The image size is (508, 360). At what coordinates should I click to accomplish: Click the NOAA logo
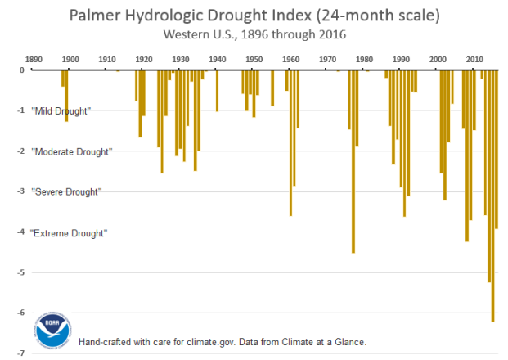click(53, 331)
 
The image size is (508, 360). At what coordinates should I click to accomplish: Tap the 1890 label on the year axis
click(34, 60)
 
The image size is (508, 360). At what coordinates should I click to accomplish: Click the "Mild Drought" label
click(61, 111)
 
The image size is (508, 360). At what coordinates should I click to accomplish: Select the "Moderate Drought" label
click(71, 151)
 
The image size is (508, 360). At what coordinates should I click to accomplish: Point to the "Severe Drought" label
click(66, 191)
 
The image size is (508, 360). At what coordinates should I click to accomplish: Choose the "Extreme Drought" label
click(69, 233)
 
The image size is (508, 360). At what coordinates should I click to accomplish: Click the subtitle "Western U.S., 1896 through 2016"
click(254, 34)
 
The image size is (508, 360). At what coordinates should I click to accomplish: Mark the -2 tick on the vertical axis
click(23, 151)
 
